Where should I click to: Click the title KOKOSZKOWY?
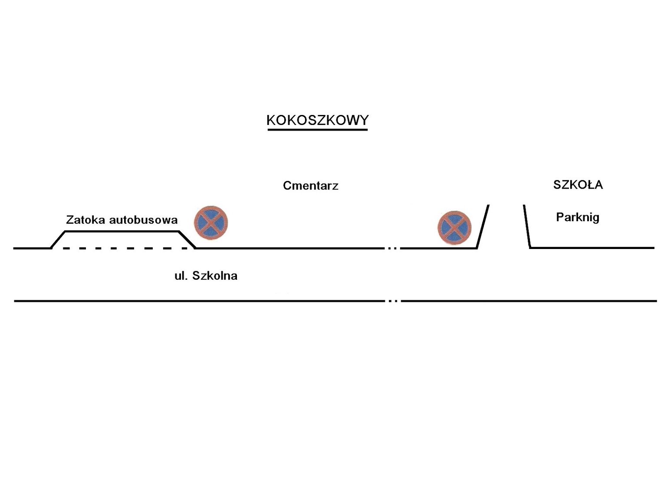tap(317, 120)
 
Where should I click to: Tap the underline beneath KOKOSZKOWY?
tap(317, 129)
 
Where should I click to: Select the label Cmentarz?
tap(310, 186)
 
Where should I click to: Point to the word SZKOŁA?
tap(578, 185)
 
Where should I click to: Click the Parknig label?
tap(577, 217)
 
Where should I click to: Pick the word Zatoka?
tap(85, 220)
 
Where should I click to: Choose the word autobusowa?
tap(143, 220)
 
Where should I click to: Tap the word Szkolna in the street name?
tap(215, 276)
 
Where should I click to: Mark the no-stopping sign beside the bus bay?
tap(210, 223)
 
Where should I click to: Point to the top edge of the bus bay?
tap(122, 232)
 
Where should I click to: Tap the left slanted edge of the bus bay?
tap(58, 240)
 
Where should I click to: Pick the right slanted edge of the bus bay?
tap(187, 240)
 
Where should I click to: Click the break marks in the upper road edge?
tap(392, 248)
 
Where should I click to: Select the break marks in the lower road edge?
tap(393, 301)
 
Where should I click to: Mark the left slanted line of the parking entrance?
tap(483, 226)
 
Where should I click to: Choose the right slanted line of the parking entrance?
tap(527, 226)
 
